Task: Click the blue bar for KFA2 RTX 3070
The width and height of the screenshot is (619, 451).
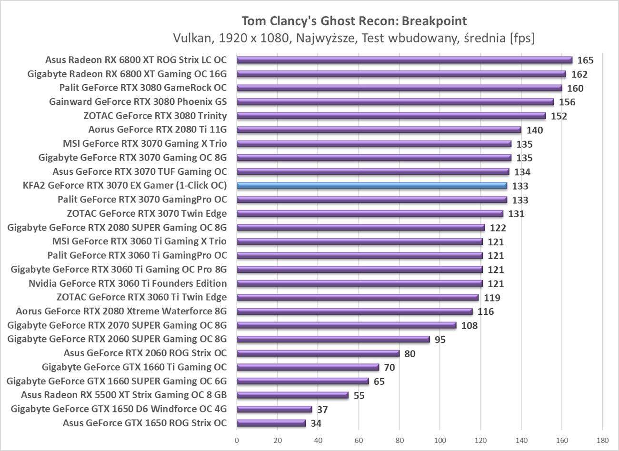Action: click(372, 186)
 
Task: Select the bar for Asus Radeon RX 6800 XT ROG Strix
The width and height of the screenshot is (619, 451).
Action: click(404, 60)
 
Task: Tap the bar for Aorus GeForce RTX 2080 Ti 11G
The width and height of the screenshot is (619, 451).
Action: click(379, 130)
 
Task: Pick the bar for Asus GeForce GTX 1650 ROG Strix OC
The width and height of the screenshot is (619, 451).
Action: click(271, 423)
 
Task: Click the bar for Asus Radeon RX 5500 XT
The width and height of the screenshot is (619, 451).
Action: click(292, 395)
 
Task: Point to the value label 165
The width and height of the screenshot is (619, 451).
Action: click(585, 60)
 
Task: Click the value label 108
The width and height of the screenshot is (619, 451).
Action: click(469, 326)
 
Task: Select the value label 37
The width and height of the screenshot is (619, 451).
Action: click(322, 410)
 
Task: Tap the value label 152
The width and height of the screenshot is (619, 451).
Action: click(559, 116)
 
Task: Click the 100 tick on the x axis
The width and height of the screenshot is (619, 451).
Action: click(440, 440)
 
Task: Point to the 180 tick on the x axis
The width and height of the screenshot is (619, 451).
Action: click(602, 440)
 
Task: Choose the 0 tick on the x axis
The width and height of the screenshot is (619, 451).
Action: click(237, 440)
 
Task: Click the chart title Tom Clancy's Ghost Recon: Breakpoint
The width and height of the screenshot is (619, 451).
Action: click(354, 21)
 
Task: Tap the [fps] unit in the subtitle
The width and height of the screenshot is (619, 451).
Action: click(521, 38)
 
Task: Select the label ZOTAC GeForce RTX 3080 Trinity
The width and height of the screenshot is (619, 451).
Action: click(155, 116)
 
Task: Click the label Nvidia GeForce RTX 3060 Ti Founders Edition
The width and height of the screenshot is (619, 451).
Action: click(128, 283)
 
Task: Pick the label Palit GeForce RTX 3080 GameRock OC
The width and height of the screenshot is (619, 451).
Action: click(143, 88)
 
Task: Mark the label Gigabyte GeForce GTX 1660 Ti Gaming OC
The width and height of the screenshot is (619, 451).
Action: click(134, 367)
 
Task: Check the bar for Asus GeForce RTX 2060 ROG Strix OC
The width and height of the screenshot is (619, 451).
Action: click(318, 353)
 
